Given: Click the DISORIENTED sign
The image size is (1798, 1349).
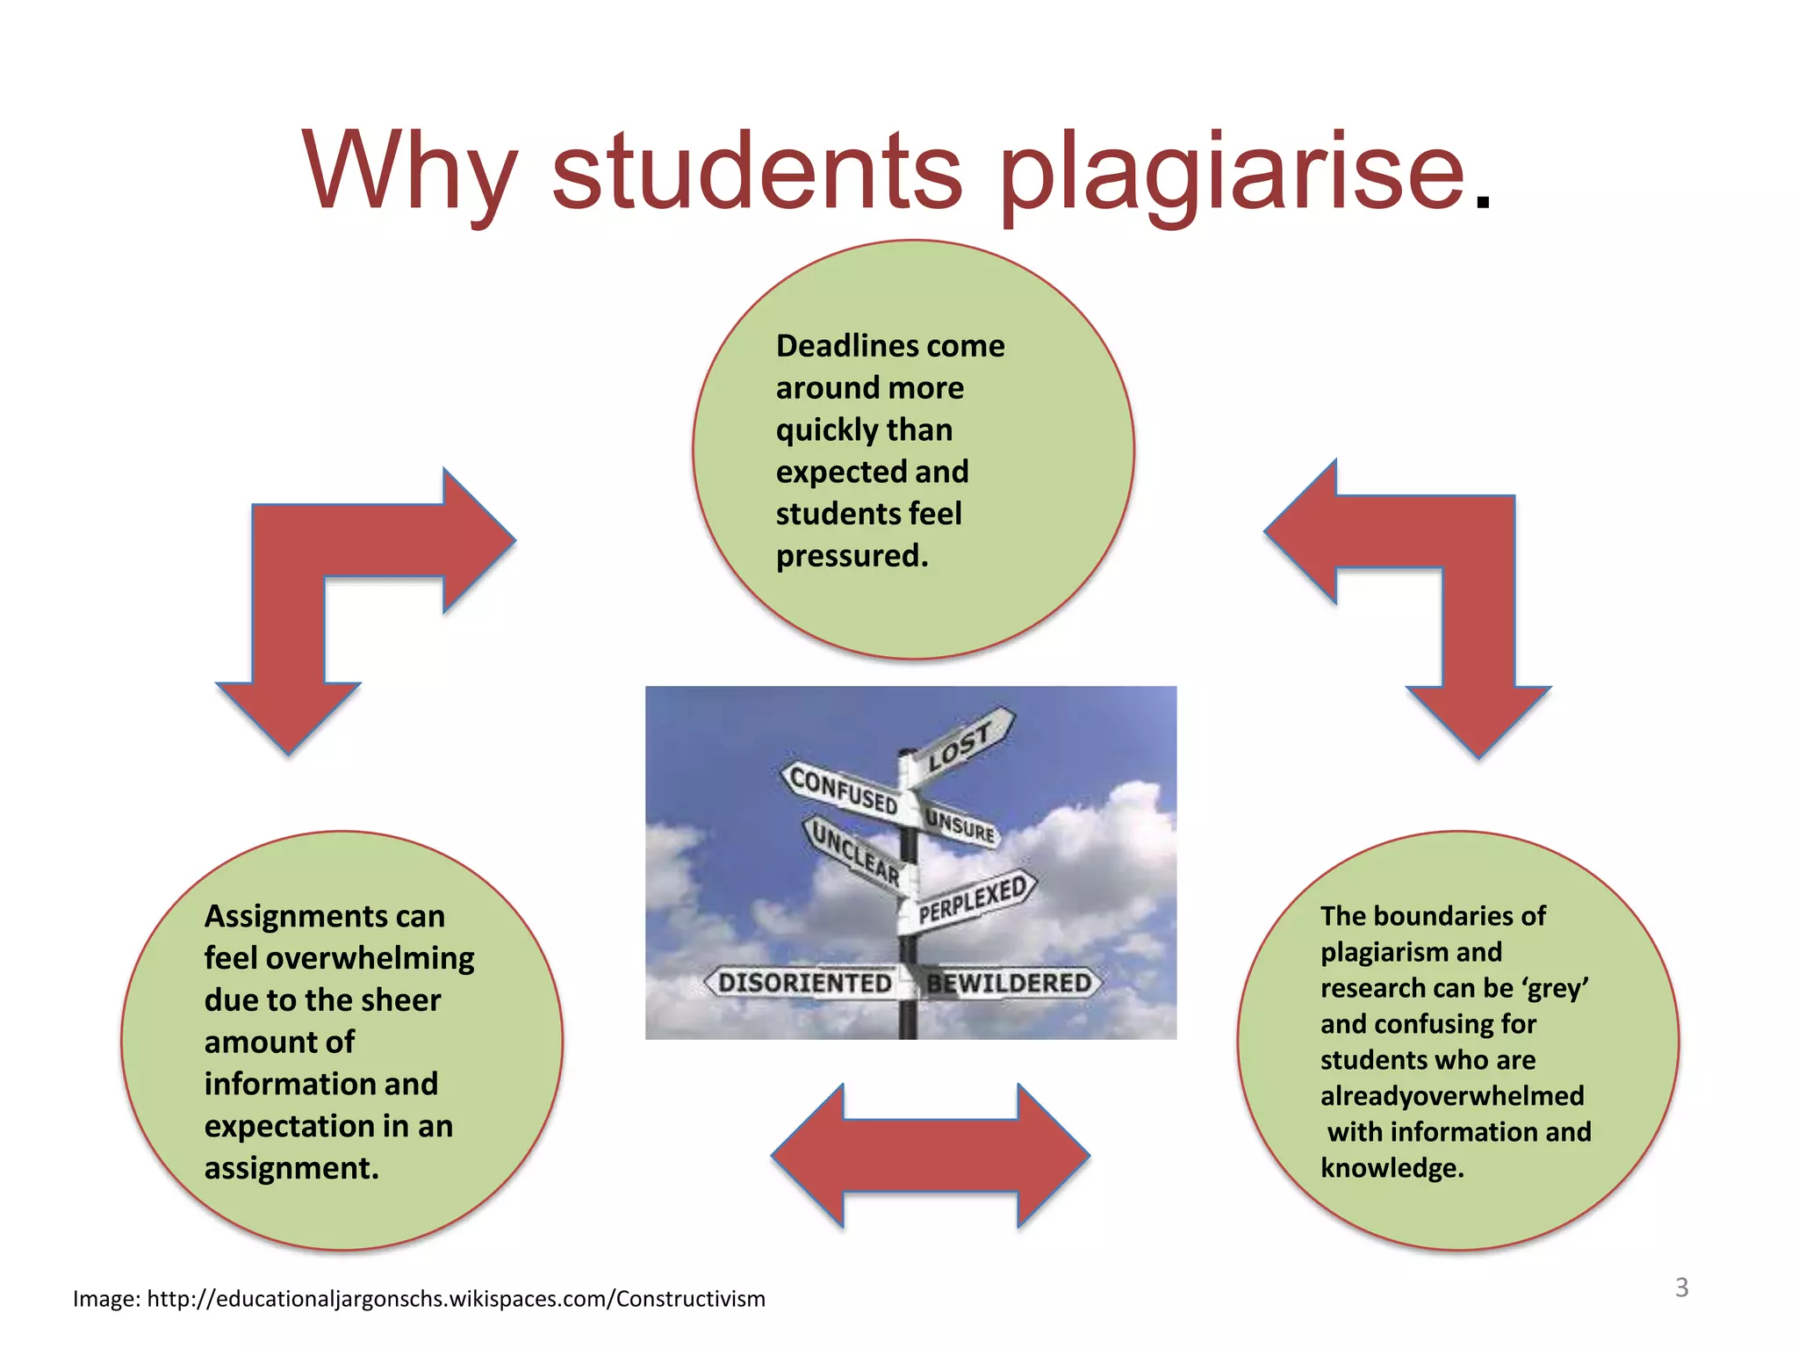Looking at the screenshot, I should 803,983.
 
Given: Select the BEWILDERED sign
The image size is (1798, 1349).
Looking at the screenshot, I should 1009,983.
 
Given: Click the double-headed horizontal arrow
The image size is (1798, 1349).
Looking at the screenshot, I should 931,1156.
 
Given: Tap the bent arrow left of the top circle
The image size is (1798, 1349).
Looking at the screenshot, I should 351,580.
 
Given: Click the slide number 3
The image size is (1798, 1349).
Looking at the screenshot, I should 1681,1288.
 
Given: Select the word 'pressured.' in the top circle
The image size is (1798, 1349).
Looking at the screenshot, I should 852,556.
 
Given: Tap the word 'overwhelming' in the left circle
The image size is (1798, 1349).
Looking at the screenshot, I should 370,958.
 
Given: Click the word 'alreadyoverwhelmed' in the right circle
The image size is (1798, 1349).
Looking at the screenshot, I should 1452,1096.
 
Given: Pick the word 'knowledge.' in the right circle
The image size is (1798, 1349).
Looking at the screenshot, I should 1392,1168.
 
